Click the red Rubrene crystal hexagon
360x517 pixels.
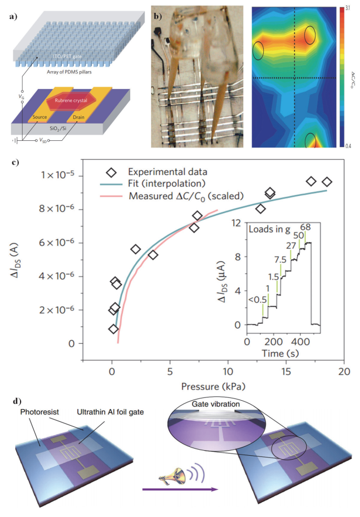(x=74, y=101)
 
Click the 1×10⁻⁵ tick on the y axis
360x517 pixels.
(x=64, y=176)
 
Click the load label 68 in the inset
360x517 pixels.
(x=305, y=227)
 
